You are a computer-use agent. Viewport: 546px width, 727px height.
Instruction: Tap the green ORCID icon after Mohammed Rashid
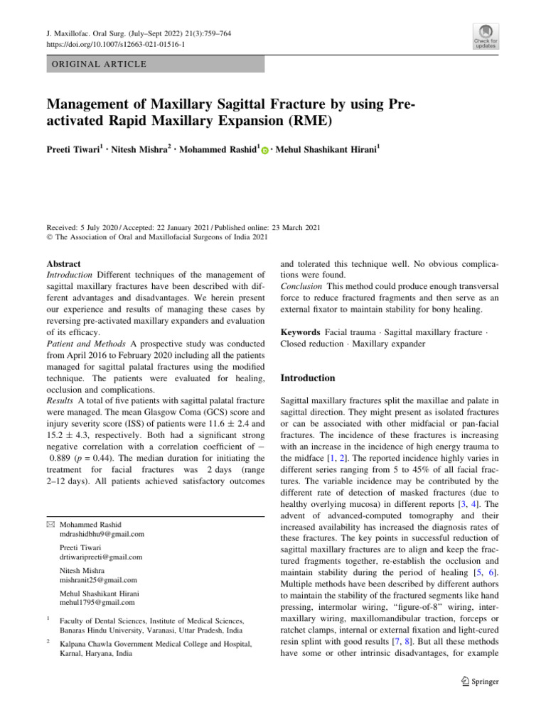coord(264,151)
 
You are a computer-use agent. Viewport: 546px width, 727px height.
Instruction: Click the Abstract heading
coord(63,263)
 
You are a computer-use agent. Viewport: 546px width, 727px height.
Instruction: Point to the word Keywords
coord(301,332)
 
